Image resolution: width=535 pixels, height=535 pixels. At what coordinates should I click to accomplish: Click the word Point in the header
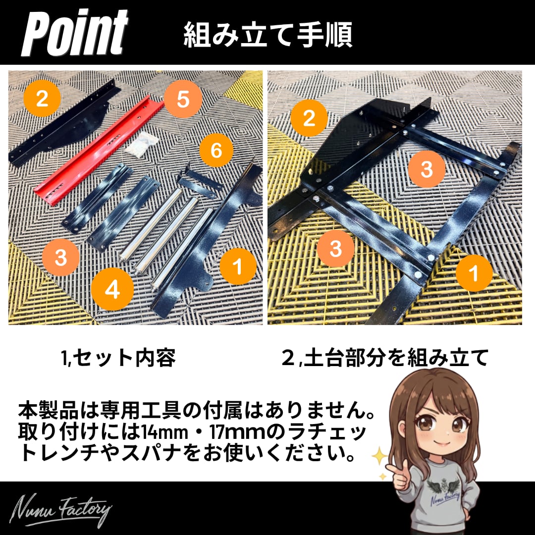75,34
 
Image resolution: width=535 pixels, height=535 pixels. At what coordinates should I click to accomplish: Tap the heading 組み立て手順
268,35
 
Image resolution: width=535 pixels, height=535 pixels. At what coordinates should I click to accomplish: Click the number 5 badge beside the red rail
182,99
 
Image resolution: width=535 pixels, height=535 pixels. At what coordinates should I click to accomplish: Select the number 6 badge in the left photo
216,150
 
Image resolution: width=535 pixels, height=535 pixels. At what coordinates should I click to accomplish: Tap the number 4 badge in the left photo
112,289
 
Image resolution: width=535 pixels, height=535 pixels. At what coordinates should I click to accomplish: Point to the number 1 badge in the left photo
238,266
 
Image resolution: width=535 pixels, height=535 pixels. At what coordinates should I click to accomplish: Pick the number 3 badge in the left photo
61,257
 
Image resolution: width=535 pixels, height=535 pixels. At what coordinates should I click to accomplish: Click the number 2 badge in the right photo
309,118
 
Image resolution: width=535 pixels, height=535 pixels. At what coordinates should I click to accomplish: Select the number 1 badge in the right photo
474,273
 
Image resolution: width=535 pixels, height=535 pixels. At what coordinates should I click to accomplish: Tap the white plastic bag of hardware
141,145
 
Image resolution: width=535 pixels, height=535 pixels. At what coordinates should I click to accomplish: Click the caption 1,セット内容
118,358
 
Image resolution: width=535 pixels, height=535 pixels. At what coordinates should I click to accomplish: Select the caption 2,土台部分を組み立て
385,358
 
